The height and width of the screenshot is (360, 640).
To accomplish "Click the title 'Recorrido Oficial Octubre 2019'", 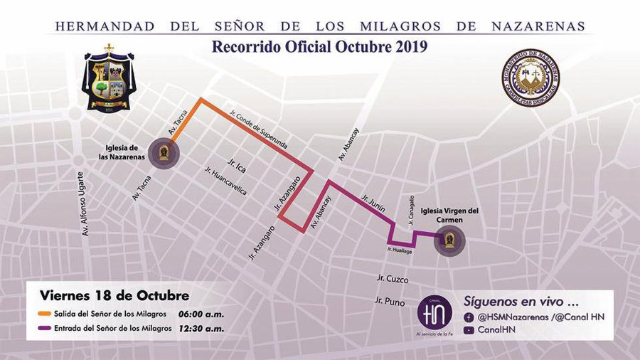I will pos(319,48).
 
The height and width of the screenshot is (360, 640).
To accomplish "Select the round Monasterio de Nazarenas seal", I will pos(530,77).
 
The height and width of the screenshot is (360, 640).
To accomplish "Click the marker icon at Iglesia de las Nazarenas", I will pos(164,152).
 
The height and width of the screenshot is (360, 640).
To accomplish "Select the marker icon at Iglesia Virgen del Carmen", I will pos(449,240).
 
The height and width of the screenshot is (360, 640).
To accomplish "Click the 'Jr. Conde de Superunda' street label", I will pos(259,128).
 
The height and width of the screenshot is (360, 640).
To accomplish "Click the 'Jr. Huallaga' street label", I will pos(400,250).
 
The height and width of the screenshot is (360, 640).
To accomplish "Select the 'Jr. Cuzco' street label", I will pos(392,278).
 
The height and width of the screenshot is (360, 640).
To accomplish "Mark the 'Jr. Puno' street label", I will pos(390,302).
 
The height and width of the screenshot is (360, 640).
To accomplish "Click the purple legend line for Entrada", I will pos(43,328).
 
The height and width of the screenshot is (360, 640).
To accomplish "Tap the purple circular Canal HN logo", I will pos(434,312).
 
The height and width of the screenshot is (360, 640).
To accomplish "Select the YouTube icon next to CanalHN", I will pos(469,330).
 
